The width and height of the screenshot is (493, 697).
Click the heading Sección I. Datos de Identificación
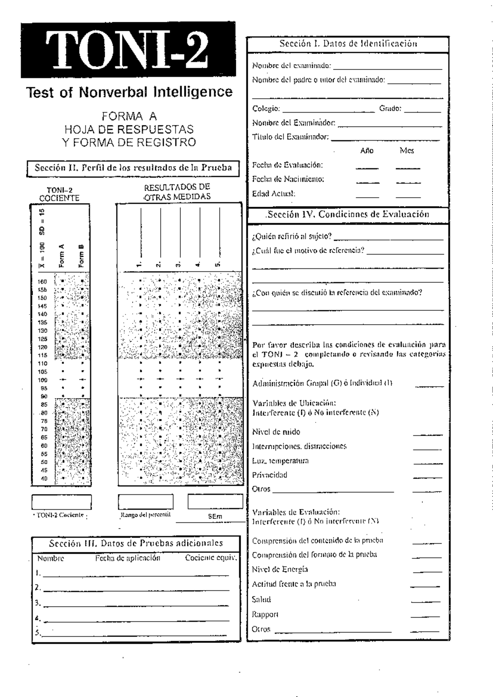point(348,44)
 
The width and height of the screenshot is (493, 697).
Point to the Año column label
point(366,151)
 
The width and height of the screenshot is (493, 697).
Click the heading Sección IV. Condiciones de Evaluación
point(348,214)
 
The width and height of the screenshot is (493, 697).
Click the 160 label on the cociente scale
point(43,282)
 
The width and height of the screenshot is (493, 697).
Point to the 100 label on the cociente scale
point(43,380)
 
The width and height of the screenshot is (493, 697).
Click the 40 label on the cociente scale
point(44,479)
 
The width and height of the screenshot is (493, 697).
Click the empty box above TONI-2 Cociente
point(62,502)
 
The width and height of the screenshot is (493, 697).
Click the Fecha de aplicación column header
point(128,558)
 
